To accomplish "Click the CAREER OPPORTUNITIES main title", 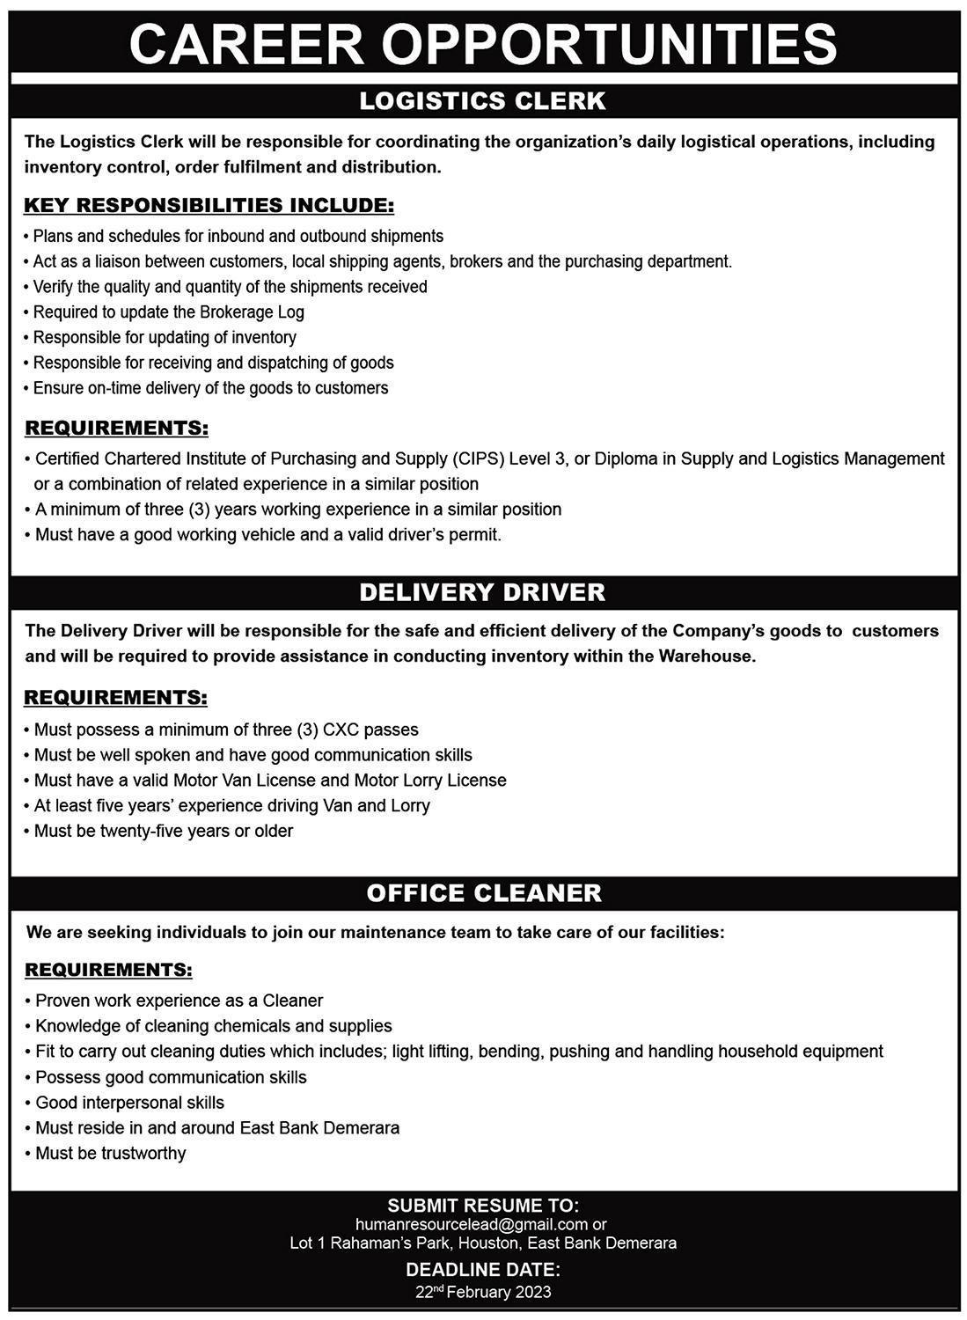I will (x=483, y=42).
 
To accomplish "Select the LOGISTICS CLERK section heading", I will (x=483, y=101).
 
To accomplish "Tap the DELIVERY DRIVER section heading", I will (x=483, y=592).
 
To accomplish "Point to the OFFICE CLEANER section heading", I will (x=484, y=893).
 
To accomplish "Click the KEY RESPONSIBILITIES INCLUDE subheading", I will (x=209, y=206).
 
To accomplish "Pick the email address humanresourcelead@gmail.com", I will (x=472, y=1224).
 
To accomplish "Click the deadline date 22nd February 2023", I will (x=483, y=1292).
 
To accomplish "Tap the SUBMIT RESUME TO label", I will (x=483, y=1206).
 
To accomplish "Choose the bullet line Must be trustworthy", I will (x=110, y=1154).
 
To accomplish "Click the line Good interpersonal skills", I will (x=129, y=1103).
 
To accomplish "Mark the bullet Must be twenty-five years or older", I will (x=163, y=831).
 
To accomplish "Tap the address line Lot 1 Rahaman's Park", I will (x=483, y=1243).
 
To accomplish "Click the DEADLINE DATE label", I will (x=483, y=1270).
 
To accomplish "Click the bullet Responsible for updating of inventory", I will (x=165, y=337).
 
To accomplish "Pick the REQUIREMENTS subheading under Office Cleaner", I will (x=108, y=970).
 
